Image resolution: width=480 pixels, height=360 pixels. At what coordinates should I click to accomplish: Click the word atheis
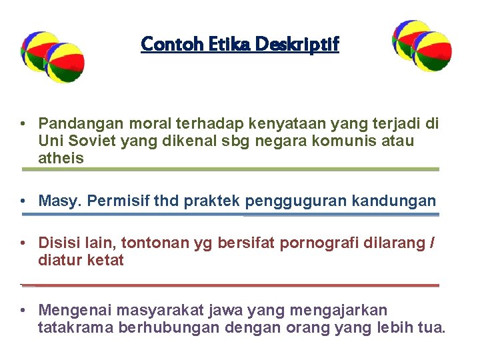coord(61,158)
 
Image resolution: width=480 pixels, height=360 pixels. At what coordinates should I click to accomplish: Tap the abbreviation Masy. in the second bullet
coord(59,201)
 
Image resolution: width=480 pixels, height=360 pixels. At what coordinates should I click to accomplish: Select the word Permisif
coord(116,201)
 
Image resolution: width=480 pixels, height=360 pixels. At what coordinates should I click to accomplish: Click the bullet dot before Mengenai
coord(23,311)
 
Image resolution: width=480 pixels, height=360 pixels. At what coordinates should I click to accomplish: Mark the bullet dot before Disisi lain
coord(23,244)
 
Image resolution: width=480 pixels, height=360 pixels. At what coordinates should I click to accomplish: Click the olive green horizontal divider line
coord(231,169)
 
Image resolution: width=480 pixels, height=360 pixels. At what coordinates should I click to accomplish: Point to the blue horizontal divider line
coord(231,215)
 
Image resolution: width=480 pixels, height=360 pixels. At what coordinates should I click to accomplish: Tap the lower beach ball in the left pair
coord(64,63)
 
